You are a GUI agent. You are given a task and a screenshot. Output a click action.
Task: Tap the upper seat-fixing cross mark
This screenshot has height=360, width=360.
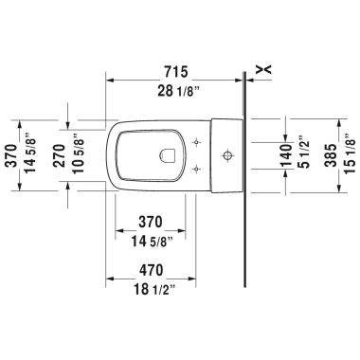(195, 139)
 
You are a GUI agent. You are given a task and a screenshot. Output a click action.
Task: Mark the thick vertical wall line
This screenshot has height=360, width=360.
(244, 189)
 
